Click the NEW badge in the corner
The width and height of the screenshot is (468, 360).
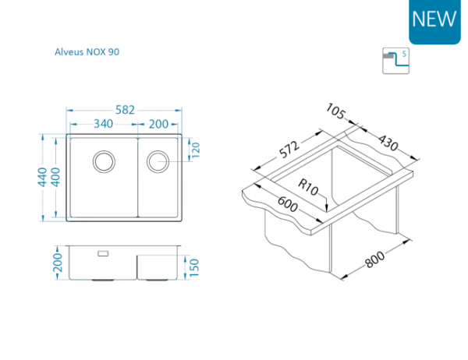(x=434, y=21)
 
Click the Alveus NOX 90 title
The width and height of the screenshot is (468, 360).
(x=87, y=52)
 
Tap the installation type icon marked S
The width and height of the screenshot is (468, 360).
(x=395, y=61)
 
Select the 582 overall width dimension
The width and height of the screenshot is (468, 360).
(x=125, y=110)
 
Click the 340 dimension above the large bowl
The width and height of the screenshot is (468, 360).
(x=103, y=124)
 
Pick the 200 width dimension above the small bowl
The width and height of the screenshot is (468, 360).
(x=158, y=124)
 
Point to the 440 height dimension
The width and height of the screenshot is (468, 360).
(x=42, y=177)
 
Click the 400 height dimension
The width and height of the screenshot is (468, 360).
(x=55, y=177)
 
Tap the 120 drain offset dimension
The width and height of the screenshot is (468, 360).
(x=195, y=150)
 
